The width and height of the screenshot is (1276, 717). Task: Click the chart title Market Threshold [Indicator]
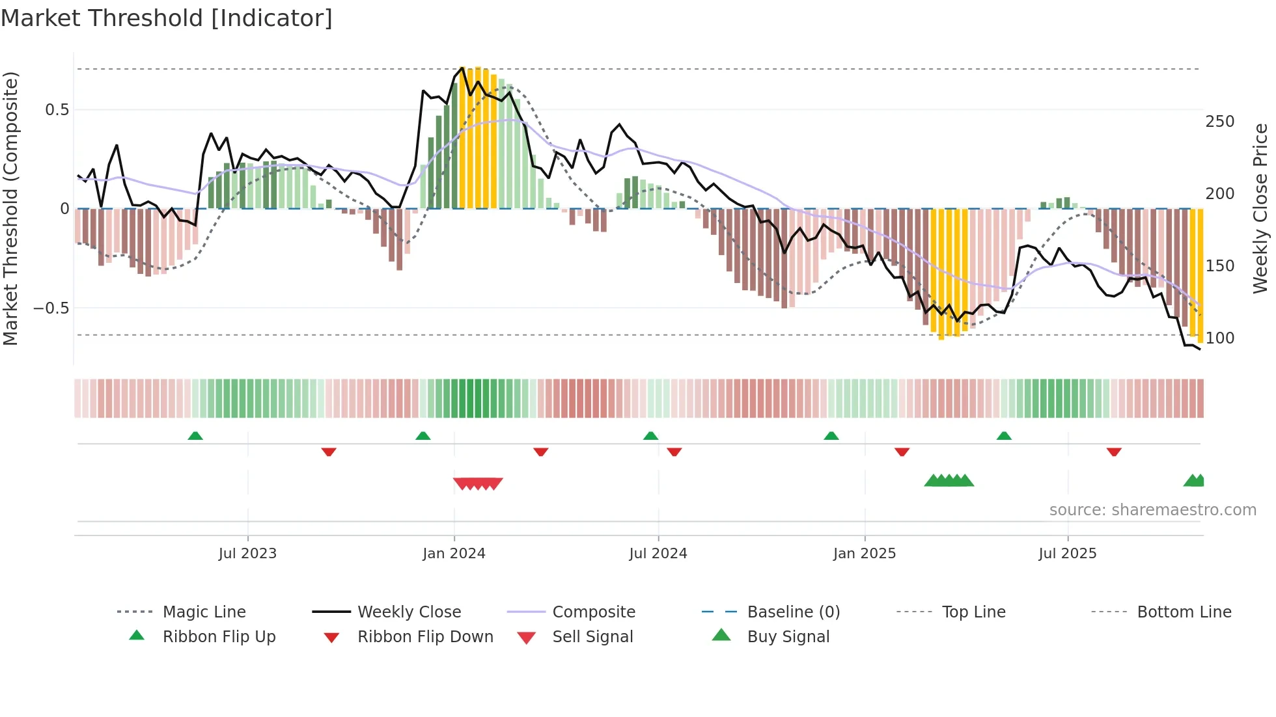click(167, 18)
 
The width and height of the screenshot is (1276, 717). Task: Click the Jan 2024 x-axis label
click(454, 554)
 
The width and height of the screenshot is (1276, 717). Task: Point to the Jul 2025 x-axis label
click(1067, 554)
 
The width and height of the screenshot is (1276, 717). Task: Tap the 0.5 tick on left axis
click(57, 110)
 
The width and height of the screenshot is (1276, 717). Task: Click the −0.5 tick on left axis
click(51, 308)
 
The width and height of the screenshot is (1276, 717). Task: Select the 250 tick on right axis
click(1219, 122)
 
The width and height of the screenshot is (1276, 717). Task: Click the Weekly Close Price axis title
click(1260, 208)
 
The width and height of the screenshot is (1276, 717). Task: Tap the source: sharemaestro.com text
click(1152, 510)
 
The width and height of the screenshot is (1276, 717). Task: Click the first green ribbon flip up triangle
click(195, 436)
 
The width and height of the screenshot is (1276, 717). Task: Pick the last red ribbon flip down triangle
click(1114, 452)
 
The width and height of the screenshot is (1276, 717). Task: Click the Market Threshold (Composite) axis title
click(11, 208)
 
